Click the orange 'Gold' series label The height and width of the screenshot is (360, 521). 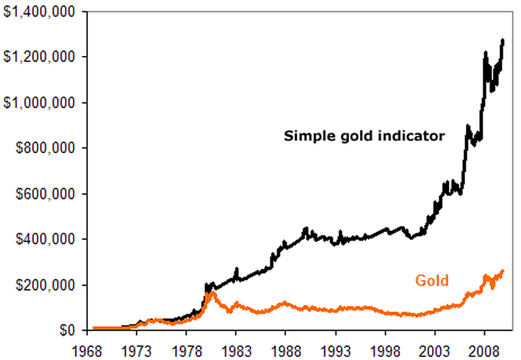(431, 280)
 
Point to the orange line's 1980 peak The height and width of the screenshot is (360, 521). (211, 292)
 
